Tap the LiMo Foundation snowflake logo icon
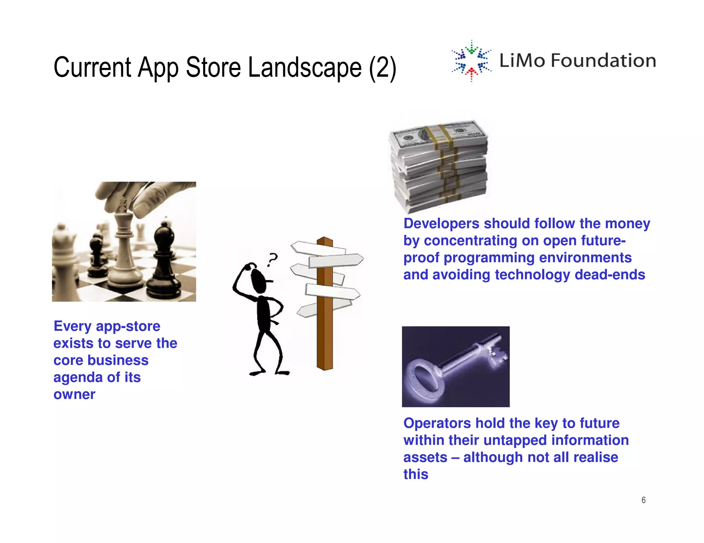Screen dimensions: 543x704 [471, 61]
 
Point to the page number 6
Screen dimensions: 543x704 [643, 500]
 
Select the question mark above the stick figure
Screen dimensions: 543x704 [272, 259]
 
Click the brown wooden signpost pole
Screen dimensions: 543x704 [324, 330]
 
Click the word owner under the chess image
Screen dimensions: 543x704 [74, 394]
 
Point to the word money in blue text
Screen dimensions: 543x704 [627, 223]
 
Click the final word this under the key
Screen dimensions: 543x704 [416, 474]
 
